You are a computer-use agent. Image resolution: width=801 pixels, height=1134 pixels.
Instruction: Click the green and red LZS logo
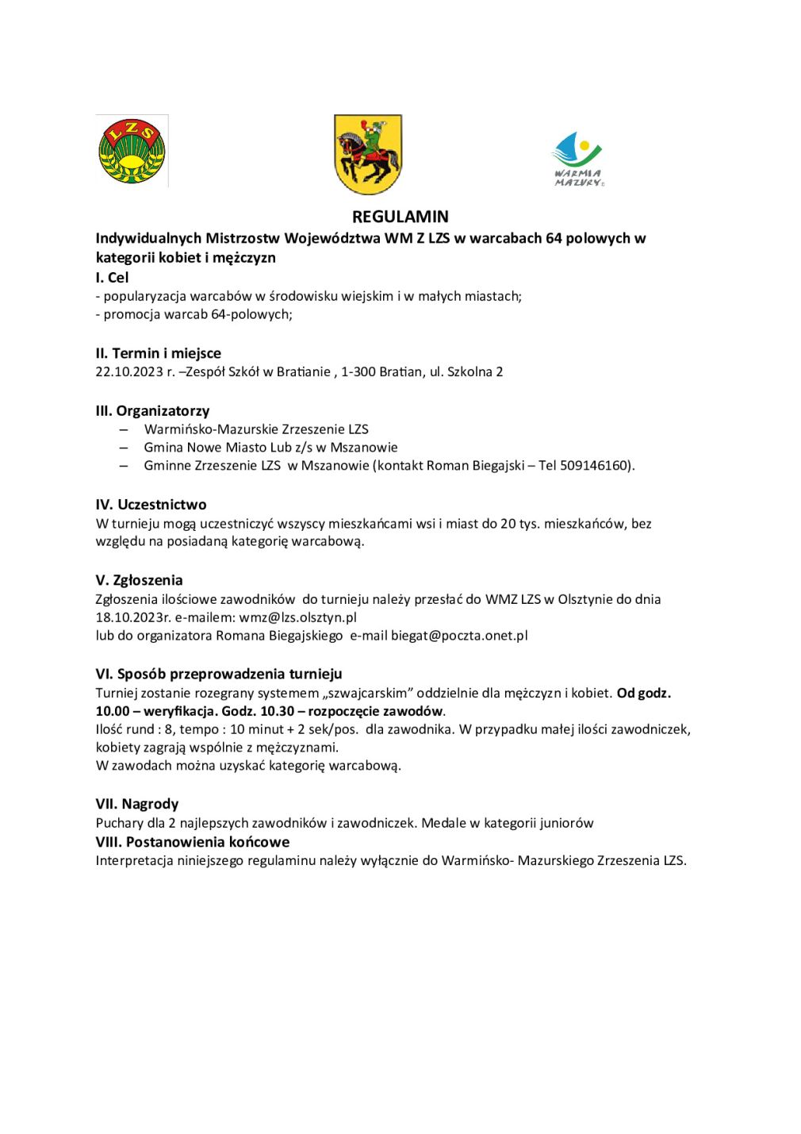[132, 151]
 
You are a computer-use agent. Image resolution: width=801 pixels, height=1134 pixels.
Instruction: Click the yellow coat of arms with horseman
[368, 154]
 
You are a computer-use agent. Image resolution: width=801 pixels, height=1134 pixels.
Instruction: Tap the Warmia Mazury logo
[577, 159]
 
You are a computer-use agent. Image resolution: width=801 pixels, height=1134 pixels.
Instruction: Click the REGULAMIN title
[400, 217]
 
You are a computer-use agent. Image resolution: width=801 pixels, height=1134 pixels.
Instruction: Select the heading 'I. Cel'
[112, 278]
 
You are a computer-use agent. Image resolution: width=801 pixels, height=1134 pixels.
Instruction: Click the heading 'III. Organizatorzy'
[152, 411]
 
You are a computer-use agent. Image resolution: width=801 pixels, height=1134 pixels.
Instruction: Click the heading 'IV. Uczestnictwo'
[151, 505]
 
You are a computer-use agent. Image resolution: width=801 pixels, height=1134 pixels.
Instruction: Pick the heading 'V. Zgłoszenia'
[139, 580]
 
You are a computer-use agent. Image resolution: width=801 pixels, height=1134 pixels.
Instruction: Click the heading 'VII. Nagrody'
[137, 804]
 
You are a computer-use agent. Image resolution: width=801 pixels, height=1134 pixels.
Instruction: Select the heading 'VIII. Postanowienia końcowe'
[193, 842]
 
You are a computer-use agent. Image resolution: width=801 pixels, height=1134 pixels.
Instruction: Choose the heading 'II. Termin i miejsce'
[159, 353]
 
